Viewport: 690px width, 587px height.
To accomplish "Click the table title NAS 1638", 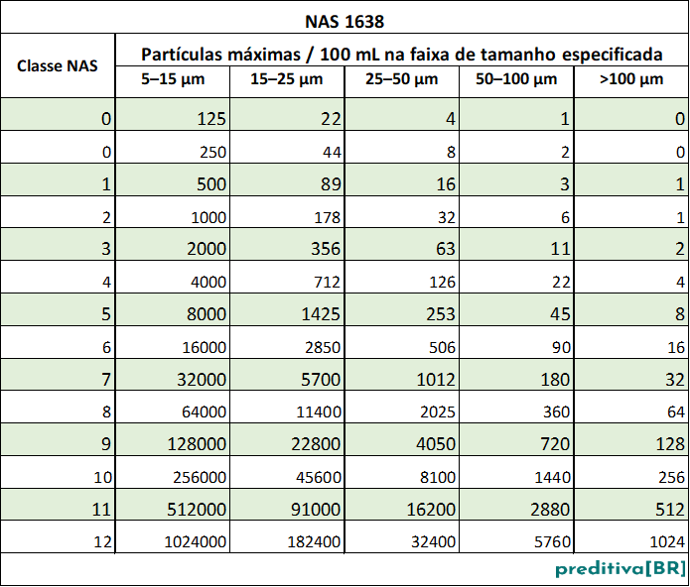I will (345, 19).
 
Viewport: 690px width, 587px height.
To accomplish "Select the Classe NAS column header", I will (58, 66).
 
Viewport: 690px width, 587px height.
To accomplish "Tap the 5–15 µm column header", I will (173, 80).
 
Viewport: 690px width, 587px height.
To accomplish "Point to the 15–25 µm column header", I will (287, 80).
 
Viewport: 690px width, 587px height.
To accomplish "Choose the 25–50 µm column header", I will (401, 80).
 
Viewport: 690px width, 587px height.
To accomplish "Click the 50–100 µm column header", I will (516, 80).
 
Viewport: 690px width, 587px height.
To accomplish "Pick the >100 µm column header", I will (631, 80).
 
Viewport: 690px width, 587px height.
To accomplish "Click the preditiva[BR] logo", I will (620, 569).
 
